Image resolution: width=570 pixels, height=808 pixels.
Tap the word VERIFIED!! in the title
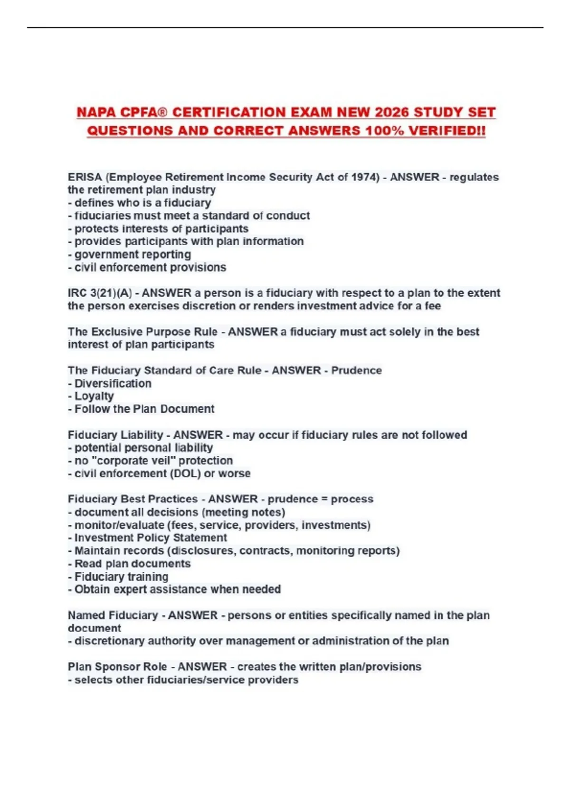(x=447, y=131)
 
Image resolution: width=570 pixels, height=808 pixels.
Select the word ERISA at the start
(x=85, y=177)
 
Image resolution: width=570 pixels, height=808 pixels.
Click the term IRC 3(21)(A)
(x=100, y=293)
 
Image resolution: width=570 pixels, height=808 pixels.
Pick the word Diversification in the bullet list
(x=113, y=384)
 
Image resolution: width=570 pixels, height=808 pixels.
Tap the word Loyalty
(x=94, y=396)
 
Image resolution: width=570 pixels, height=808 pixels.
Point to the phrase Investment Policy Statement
(x=151, y=538)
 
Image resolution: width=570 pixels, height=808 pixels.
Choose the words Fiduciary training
(x=121, y=577)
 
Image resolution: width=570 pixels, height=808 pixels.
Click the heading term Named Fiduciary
(x=113, y=615)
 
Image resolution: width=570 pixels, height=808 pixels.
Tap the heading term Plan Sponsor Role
(x=117, y=667)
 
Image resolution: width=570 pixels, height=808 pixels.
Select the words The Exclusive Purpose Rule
(x=142, y=332)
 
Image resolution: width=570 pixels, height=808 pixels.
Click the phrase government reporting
(x=133, y=254)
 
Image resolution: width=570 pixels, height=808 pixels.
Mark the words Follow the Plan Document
(x=144, y=409)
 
